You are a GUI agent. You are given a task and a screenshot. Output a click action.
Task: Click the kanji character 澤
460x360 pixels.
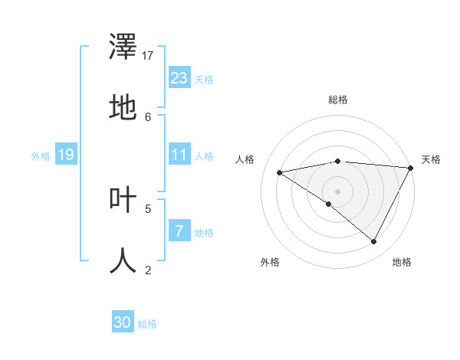coord(123,48)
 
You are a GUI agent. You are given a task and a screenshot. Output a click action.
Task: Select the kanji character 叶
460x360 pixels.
coord(123,200)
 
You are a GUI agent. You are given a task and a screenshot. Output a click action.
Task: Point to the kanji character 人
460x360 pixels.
coord(123,260)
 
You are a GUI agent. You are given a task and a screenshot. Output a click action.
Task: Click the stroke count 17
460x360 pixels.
coord(149,56)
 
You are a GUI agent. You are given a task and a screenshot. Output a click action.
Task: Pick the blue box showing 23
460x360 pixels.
coord(179,78)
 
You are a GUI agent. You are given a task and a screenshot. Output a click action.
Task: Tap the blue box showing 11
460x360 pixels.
coord(179,155)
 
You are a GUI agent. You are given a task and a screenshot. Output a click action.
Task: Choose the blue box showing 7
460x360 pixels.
coord(179,231)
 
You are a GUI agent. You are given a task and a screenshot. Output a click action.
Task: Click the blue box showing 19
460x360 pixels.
coord(65,155)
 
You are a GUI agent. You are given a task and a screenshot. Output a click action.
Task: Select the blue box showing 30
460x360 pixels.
coord(123,322)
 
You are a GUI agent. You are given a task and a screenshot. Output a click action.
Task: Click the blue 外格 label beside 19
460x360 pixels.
coord(41,156)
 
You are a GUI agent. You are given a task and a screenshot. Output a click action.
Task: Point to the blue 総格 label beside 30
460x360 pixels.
coord(147,324)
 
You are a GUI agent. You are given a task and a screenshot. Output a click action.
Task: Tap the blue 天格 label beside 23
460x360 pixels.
coord(204,80)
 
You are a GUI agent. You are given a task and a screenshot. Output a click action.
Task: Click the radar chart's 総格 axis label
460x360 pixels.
coord(337,100)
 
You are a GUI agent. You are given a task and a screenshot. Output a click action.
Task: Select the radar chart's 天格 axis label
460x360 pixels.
coord(431,159)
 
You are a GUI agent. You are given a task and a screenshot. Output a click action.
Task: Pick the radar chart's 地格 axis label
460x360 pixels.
coord(402,262)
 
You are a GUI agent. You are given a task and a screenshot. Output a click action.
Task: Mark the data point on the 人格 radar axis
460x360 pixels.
coord(280,172)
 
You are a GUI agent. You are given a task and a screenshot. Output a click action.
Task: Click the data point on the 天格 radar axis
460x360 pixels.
coord(411,168)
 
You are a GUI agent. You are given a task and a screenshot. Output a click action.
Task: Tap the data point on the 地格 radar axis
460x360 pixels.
coord(374,242)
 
